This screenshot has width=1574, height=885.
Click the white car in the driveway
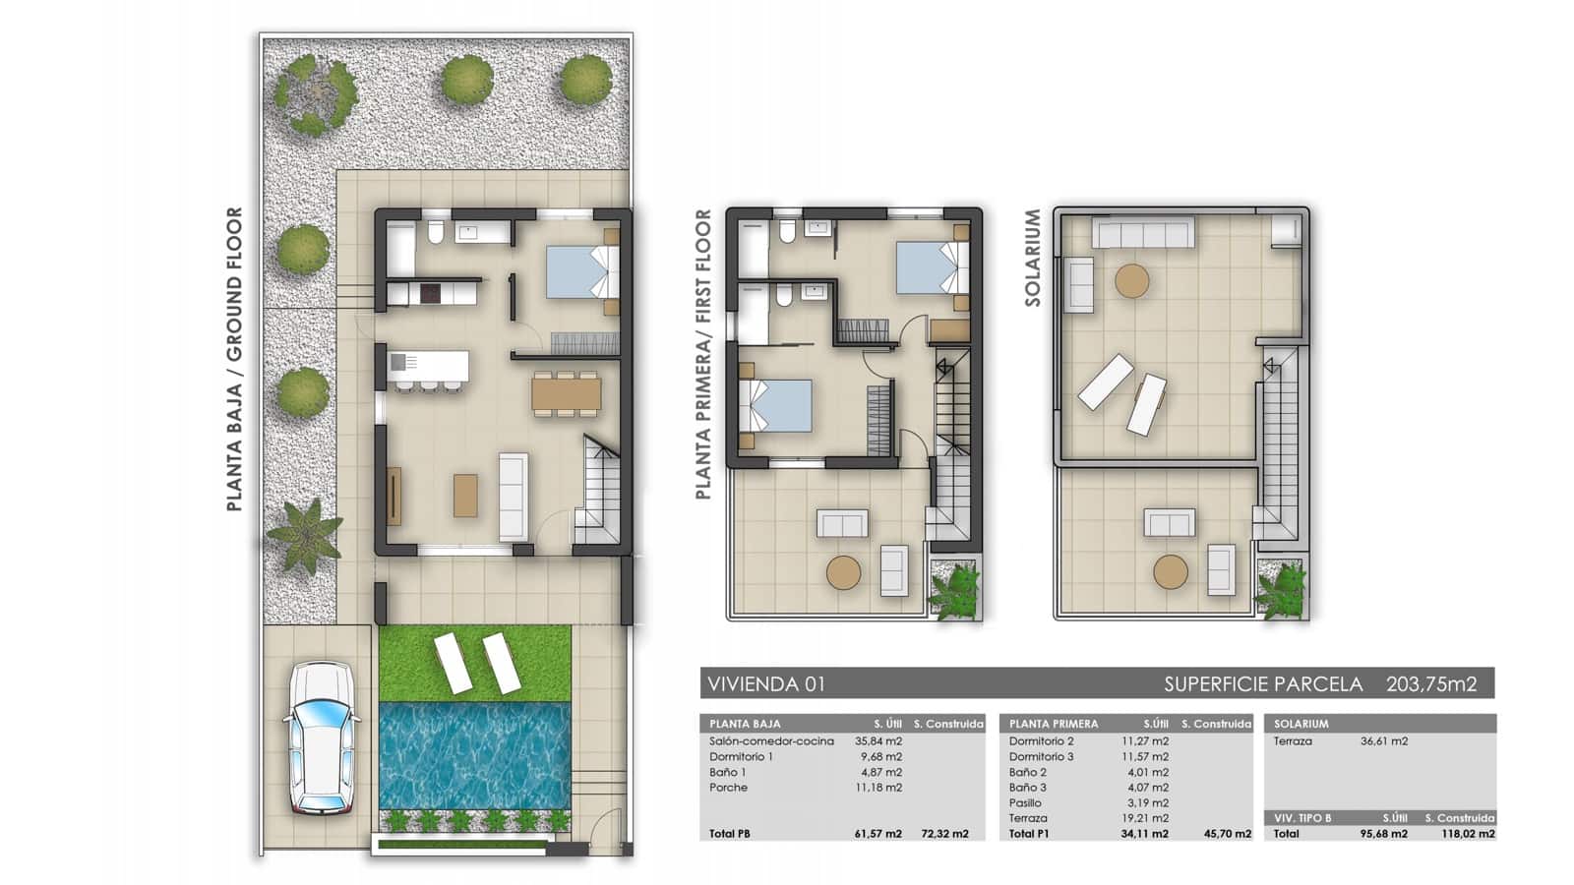320,737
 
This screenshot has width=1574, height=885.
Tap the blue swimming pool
475,754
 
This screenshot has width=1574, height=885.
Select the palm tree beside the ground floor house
305,534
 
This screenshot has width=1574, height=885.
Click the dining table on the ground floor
566,393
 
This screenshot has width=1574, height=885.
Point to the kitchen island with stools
428,368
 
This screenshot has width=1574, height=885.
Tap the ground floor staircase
597,492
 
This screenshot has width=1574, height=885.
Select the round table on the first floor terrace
843,572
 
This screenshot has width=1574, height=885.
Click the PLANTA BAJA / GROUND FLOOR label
234,359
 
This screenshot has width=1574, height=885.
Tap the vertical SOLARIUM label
1032,258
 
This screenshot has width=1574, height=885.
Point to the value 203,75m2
1431,683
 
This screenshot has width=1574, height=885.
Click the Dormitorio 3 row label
1041,756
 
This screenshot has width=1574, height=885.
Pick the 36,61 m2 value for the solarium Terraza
1384,741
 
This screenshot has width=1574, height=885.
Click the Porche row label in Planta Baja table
728,788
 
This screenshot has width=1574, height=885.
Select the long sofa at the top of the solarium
1144,234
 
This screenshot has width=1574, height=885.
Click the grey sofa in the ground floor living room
514,497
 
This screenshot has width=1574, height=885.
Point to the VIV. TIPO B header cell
1302,817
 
